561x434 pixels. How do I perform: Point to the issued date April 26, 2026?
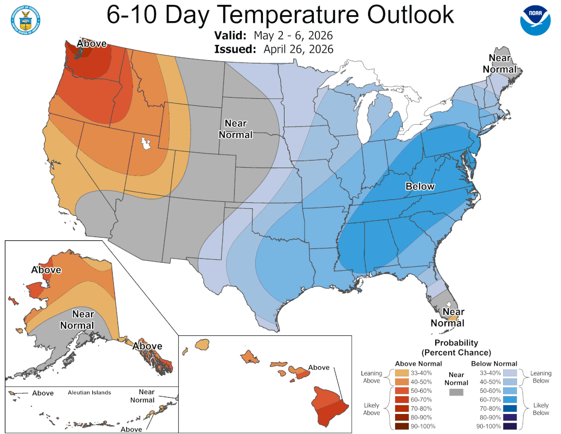298,49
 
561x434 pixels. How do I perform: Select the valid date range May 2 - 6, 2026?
293,36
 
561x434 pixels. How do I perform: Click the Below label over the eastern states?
420,187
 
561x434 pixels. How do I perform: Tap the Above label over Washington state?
91,43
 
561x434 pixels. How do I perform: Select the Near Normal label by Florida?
448,317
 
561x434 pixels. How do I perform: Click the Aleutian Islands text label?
89,392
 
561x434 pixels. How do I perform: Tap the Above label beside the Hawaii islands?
319,367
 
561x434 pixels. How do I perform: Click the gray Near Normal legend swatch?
457,392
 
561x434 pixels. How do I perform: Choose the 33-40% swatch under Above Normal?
402,373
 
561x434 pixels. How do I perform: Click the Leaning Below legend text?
540,377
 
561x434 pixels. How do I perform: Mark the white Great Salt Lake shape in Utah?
145,144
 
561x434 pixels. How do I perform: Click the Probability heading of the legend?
456,343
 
